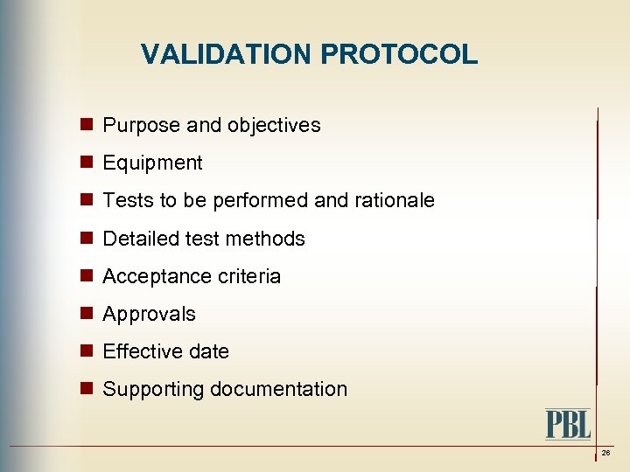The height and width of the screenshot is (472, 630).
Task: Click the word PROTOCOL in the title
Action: pyautogui.click(x=399, y=55)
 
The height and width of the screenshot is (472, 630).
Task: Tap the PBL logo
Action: pyautogui.click(x=568, y=424)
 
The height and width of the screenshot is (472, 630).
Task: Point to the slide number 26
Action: pyautogui.click(x=605, y=453)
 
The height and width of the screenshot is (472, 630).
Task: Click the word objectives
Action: pyautogui.click(x=274, y=126)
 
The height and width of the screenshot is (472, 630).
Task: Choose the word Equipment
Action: pyautogui.click(x=152, y=163)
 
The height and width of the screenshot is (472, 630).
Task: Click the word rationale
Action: pyautogui.click(x=394, y=201)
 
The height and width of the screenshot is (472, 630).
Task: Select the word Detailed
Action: pyautogui.click(x=139, y=239)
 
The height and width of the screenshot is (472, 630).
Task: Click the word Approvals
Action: pyautogui.click(x=149, y=314)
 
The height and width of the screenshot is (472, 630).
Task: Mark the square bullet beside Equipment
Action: pyautogui.click(x=87, y=163)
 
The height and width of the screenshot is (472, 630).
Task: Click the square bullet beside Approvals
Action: pyautogui.click(x=87, y=313)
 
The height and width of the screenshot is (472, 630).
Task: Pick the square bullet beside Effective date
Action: pyautogui.click(x=87, y=351)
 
